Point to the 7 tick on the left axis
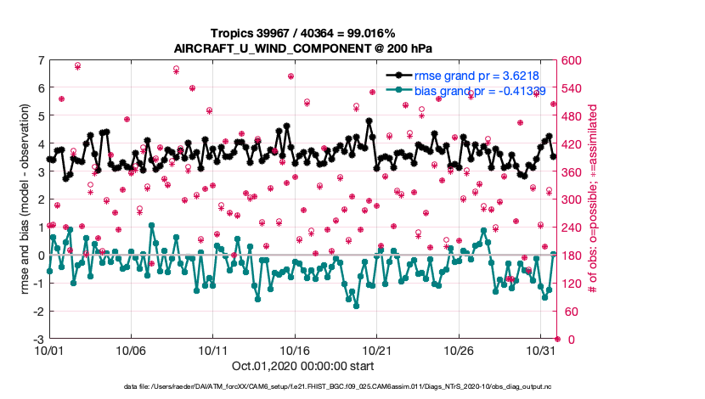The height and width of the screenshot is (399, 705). click(x=40, y=60)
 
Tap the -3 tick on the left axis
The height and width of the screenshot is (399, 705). click(x=37, y=340)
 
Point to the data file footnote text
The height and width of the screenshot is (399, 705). click(x=353, y=387)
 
